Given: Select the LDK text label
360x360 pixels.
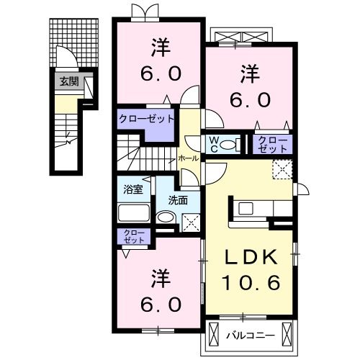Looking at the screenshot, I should click(251, 257).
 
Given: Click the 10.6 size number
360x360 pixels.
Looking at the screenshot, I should click(251, 284).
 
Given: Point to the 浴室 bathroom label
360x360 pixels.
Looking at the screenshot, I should click(133, 191).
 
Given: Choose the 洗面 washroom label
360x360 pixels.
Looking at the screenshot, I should click(178, 200).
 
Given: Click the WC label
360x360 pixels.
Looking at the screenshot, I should click(215, 144).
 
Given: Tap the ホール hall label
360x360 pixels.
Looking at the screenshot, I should click(188, 157).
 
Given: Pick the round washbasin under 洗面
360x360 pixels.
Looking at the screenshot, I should click(166, 218).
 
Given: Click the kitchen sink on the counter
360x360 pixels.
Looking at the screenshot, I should click(246, 209).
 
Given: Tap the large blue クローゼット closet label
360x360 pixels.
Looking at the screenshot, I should click(147, 118).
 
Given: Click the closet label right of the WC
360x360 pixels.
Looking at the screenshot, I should click(271, 143).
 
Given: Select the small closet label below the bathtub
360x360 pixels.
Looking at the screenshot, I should click(133, 236).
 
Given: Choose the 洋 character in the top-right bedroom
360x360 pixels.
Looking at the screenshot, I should click(249, 73).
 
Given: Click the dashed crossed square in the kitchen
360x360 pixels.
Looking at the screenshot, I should click(282, 170).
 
